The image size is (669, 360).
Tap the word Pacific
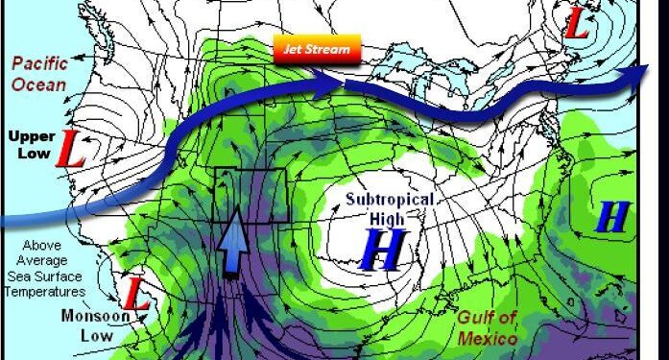pos(39,64)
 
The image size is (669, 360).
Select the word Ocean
pos(39,84)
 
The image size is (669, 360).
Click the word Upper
pos(32,136)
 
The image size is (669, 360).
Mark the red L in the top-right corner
pos(576,27)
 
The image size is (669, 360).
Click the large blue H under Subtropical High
pos(382,250)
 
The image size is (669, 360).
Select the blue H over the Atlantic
pos(611,219)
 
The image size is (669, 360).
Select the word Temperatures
pos(45,292)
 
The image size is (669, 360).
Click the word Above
pos(41,245)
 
